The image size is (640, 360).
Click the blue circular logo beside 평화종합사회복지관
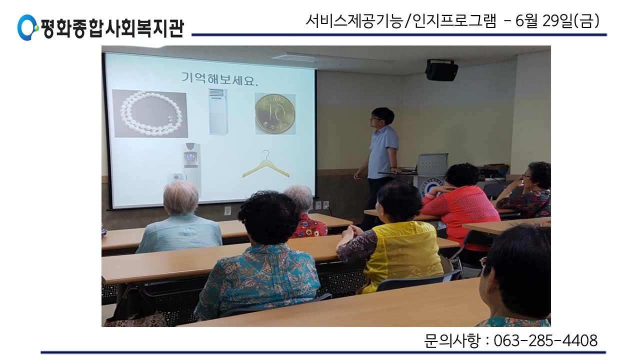(x=27, y=27)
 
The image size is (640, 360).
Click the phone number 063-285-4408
(x=545, y=340)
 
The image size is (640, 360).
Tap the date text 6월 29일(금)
(x=557, y=21)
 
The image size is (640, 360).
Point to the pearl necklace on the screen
(x=150, y=113)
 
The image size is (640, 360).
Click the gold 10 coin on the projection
(x=274, y=113)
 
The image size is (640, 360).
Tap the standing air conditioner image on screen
(x=218, y=111)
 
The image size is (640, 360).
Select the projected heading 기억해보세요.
(x=219, y=78)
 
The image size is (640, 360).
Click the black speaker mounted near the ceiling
(x=441, y=69)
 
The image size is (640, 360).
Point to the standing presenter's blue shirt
(x=382, y=152)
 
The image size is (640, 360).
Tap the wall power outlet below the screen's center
(x=227, y=211)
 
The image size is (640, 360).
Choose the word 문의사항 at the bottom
(x=451, y=340)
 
